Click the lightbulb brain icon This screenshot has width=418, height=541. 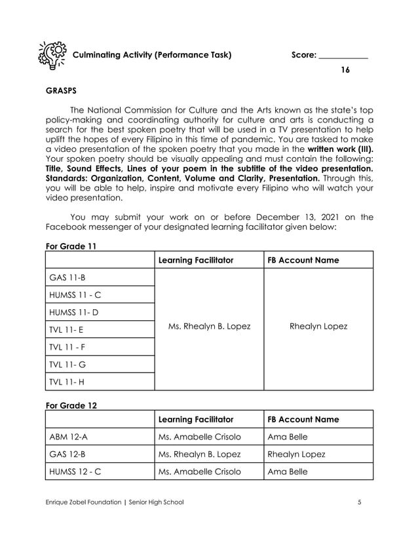click(52, 55)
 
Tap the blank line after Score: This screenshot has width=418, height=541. click(343, 56)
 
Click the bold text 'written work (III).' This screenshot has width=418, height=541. click(341, 149)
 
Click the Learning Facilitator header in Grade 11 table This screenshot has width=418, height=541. click(196, 260)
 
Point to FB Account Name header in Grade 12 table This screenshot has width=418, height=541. click(303, 419)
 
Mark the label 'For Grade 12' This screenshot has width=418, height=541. click(71, 405)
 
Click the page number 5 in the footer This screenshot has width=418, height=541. click(360, 502)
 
